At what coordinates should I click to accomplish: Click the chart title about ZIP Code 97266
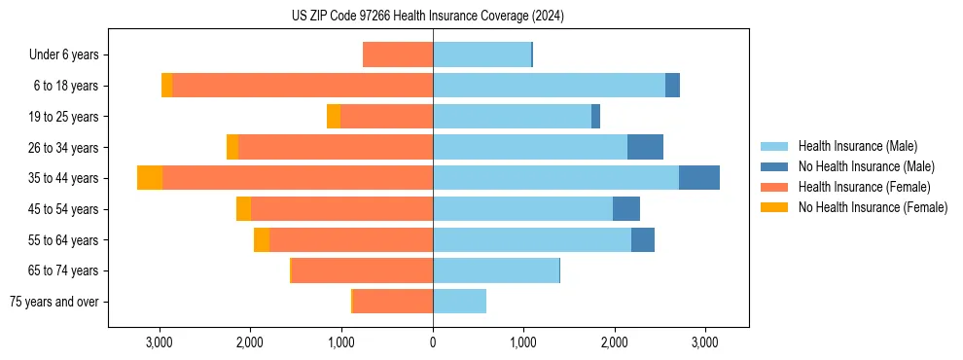pos(428,16)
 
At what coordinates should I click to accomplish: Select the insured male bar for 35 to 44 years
pos(555,178)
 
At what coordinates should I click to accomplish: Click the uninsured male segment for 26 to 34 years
pos(645,147)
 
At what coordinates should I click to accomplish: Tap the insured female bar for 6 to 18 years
pos(303,86)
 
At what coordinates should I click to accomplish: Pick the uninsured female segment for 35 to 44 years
pos(150,178)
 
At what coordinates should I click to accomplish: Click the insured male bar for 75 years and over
pos(459,302)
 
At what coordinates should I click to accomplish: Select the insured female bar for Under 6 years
pos(398,54)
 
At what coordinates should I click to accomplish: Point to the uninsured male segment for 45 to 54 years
pos(626,209)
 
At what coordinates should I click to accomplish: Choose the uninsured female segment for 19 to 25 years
pos(334,117)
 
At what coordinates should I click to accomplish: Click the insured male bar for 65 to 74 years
pos(496,270)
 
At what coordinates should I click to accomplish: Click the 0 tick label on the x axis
pos(433,342)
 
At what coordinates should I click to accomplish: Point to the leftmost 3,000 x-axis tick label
pos(160,342)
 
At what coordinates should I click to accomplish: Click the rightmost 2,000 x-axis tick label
pos(615,342)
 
